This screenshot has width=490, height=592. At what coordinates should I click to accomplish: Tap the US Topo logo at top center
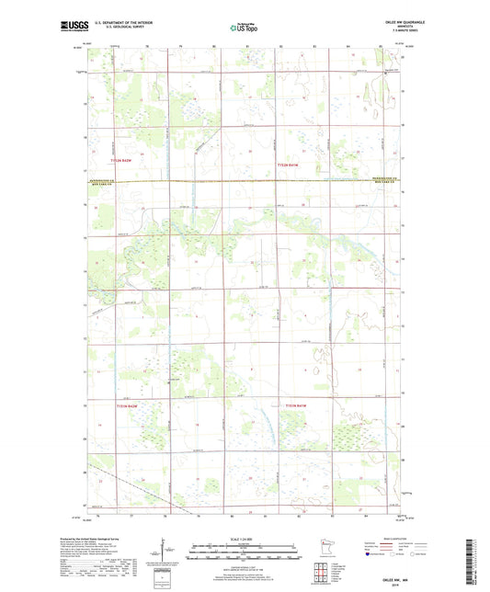tap(244, 28)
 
